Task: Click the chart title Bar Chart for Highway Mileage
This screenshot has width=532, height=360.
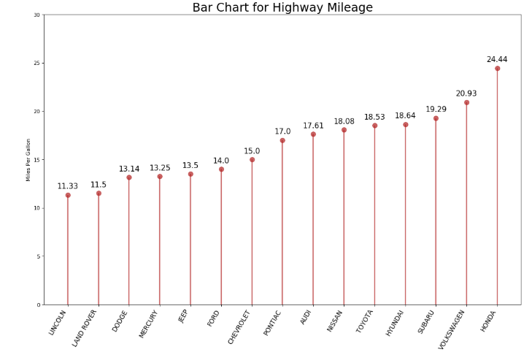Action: tap(282, 8)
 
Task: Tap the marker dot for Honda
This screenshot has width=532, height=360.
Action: tap(497, 69)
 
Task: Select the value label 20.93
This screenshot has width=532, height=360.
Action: tap(466, 93)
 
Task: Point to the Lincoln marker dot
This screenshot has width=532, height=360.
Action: tap(68, 195)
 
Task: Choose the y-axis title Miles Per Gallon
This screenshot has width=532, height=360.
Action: tap(28, 160)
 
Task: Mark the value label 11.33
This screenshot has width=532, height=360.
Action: tap(68, 186)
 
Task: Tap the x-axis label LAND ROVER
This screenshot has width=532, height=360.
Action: tap(85, 328)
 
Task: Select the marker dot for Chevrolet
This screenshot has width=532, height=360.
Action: tap(252, 160)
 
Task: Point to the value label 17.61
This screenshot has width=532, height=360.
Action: tap(313, 126)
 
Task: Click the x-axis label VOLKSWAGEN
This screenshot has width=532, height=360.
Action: tap(452, 329)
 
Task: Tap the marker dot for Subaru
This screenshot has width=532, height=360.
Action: tap(436, 118)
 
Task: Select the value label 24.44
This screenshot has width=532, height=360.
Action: tap(497, 60)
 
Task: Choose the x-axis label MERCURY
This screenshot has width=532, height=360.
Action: tap(149, 324)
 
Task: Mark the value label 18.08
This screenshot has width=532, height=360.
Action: tap(344, 121)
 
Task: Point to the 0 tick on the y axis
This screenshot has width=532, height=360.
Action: tap(38, 305)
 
